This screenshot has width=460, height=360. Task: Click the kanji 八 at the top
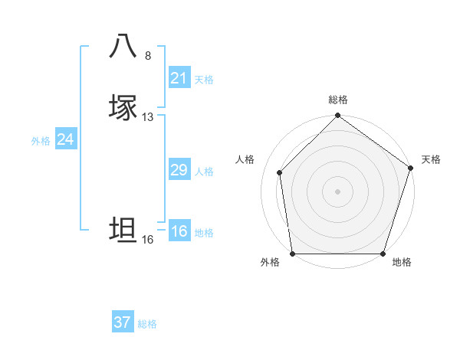click(x=123, y=45)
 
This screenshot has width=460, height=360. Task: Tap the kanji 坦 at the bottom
click(x=123, y=230)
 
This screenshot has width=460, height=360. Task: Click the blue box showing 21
click(x=179, y=78)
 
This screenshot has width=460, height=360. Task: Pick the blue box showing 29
click(x=179, y=170)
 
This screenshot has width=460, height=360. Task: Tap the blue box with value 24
click(x=66, y=139)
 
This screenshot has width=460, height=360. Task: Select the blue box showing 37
click(x=123, y=322)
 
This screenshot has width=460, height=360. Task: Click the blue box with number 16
click(x=179, y=231)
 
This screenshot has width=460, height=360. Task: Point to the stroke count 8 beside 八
click(x=148, y=56)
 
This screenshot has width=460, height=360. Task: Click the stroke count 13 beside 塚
click(x=148, y=117)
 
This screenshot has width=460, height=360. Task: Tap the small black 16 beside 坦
click(x=148, y=240)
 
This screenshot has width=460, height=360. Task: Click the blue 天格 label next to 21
click(x=204, y=80)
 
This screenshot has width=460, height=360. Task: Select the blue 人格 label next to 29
click(x=204, y=172)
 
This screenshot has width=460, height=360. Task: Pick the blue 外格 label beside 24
click(x=41, y=141)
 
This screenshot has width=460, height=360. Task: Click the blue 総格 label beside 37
click(x=147, y=324)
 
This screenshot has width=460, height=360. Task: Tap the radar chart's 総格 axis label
click(x=337, y=100)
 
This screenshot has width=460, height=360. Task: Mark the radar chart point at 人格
click(x=279, y=172)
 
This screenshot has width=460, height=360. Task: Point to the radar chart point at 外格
click(x=292, y=254)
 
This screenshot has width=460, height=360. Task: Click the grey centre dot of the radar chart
click(x=337, y=191)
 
